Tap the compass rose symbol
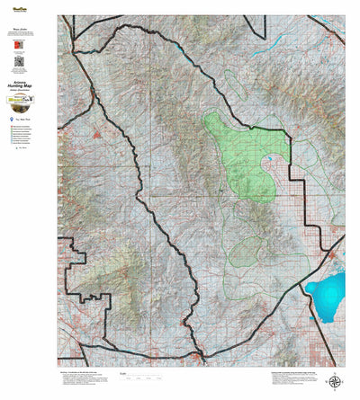pyautogui.click(x=335, y=381)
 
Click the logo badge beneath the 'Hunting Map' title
pyautogui.click(x=20, y=101)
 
